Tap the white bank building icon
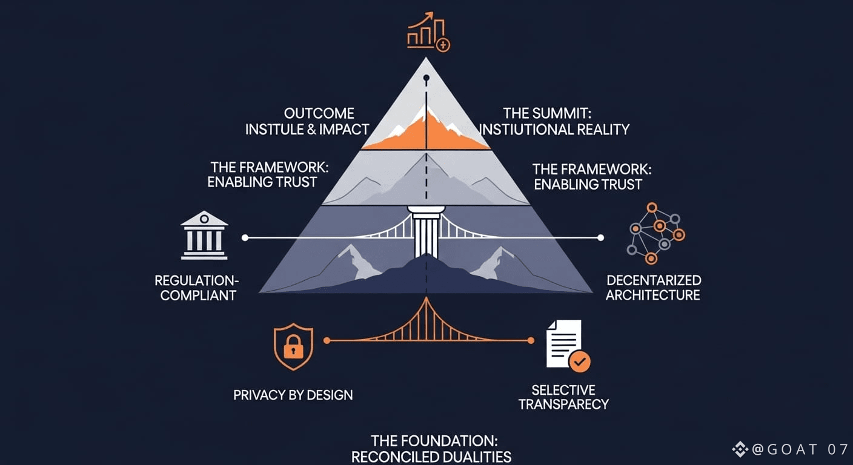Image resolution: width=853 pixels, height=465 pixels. [204, 236]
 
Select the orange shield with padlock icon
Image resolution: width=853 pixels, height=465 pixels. [293, 346]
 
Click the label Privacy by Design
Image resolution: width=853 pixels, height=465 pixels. [293, 395]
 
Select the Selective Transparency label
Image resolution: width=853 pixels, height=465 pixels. [563, 397]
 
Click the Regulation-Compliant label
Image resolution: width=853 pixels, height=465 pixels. [197, 288]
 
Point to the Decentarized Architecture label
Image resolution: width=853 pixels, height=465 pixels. [654, 288]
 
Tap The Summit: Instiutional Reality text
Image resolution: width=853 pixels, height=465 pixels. [554, 121]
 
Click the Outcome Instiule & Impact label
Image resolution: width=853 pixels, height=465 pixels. [307, 121]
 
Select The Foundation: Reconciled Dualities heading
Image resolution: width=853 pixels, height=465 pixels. [431, 449]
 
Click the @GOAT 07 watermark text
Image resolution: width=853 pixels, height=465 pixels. [794, 449]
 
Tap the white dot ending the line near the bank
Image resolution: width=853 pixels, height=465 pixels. [245, 238]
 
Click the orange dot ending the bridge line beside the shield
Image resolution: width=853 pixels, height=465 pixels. [327, 341]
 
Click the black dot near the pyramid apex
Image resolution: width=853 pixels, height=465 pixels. [426, 78]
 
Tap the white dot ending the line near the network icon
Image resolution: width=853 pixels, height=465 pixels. [601, 238]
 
